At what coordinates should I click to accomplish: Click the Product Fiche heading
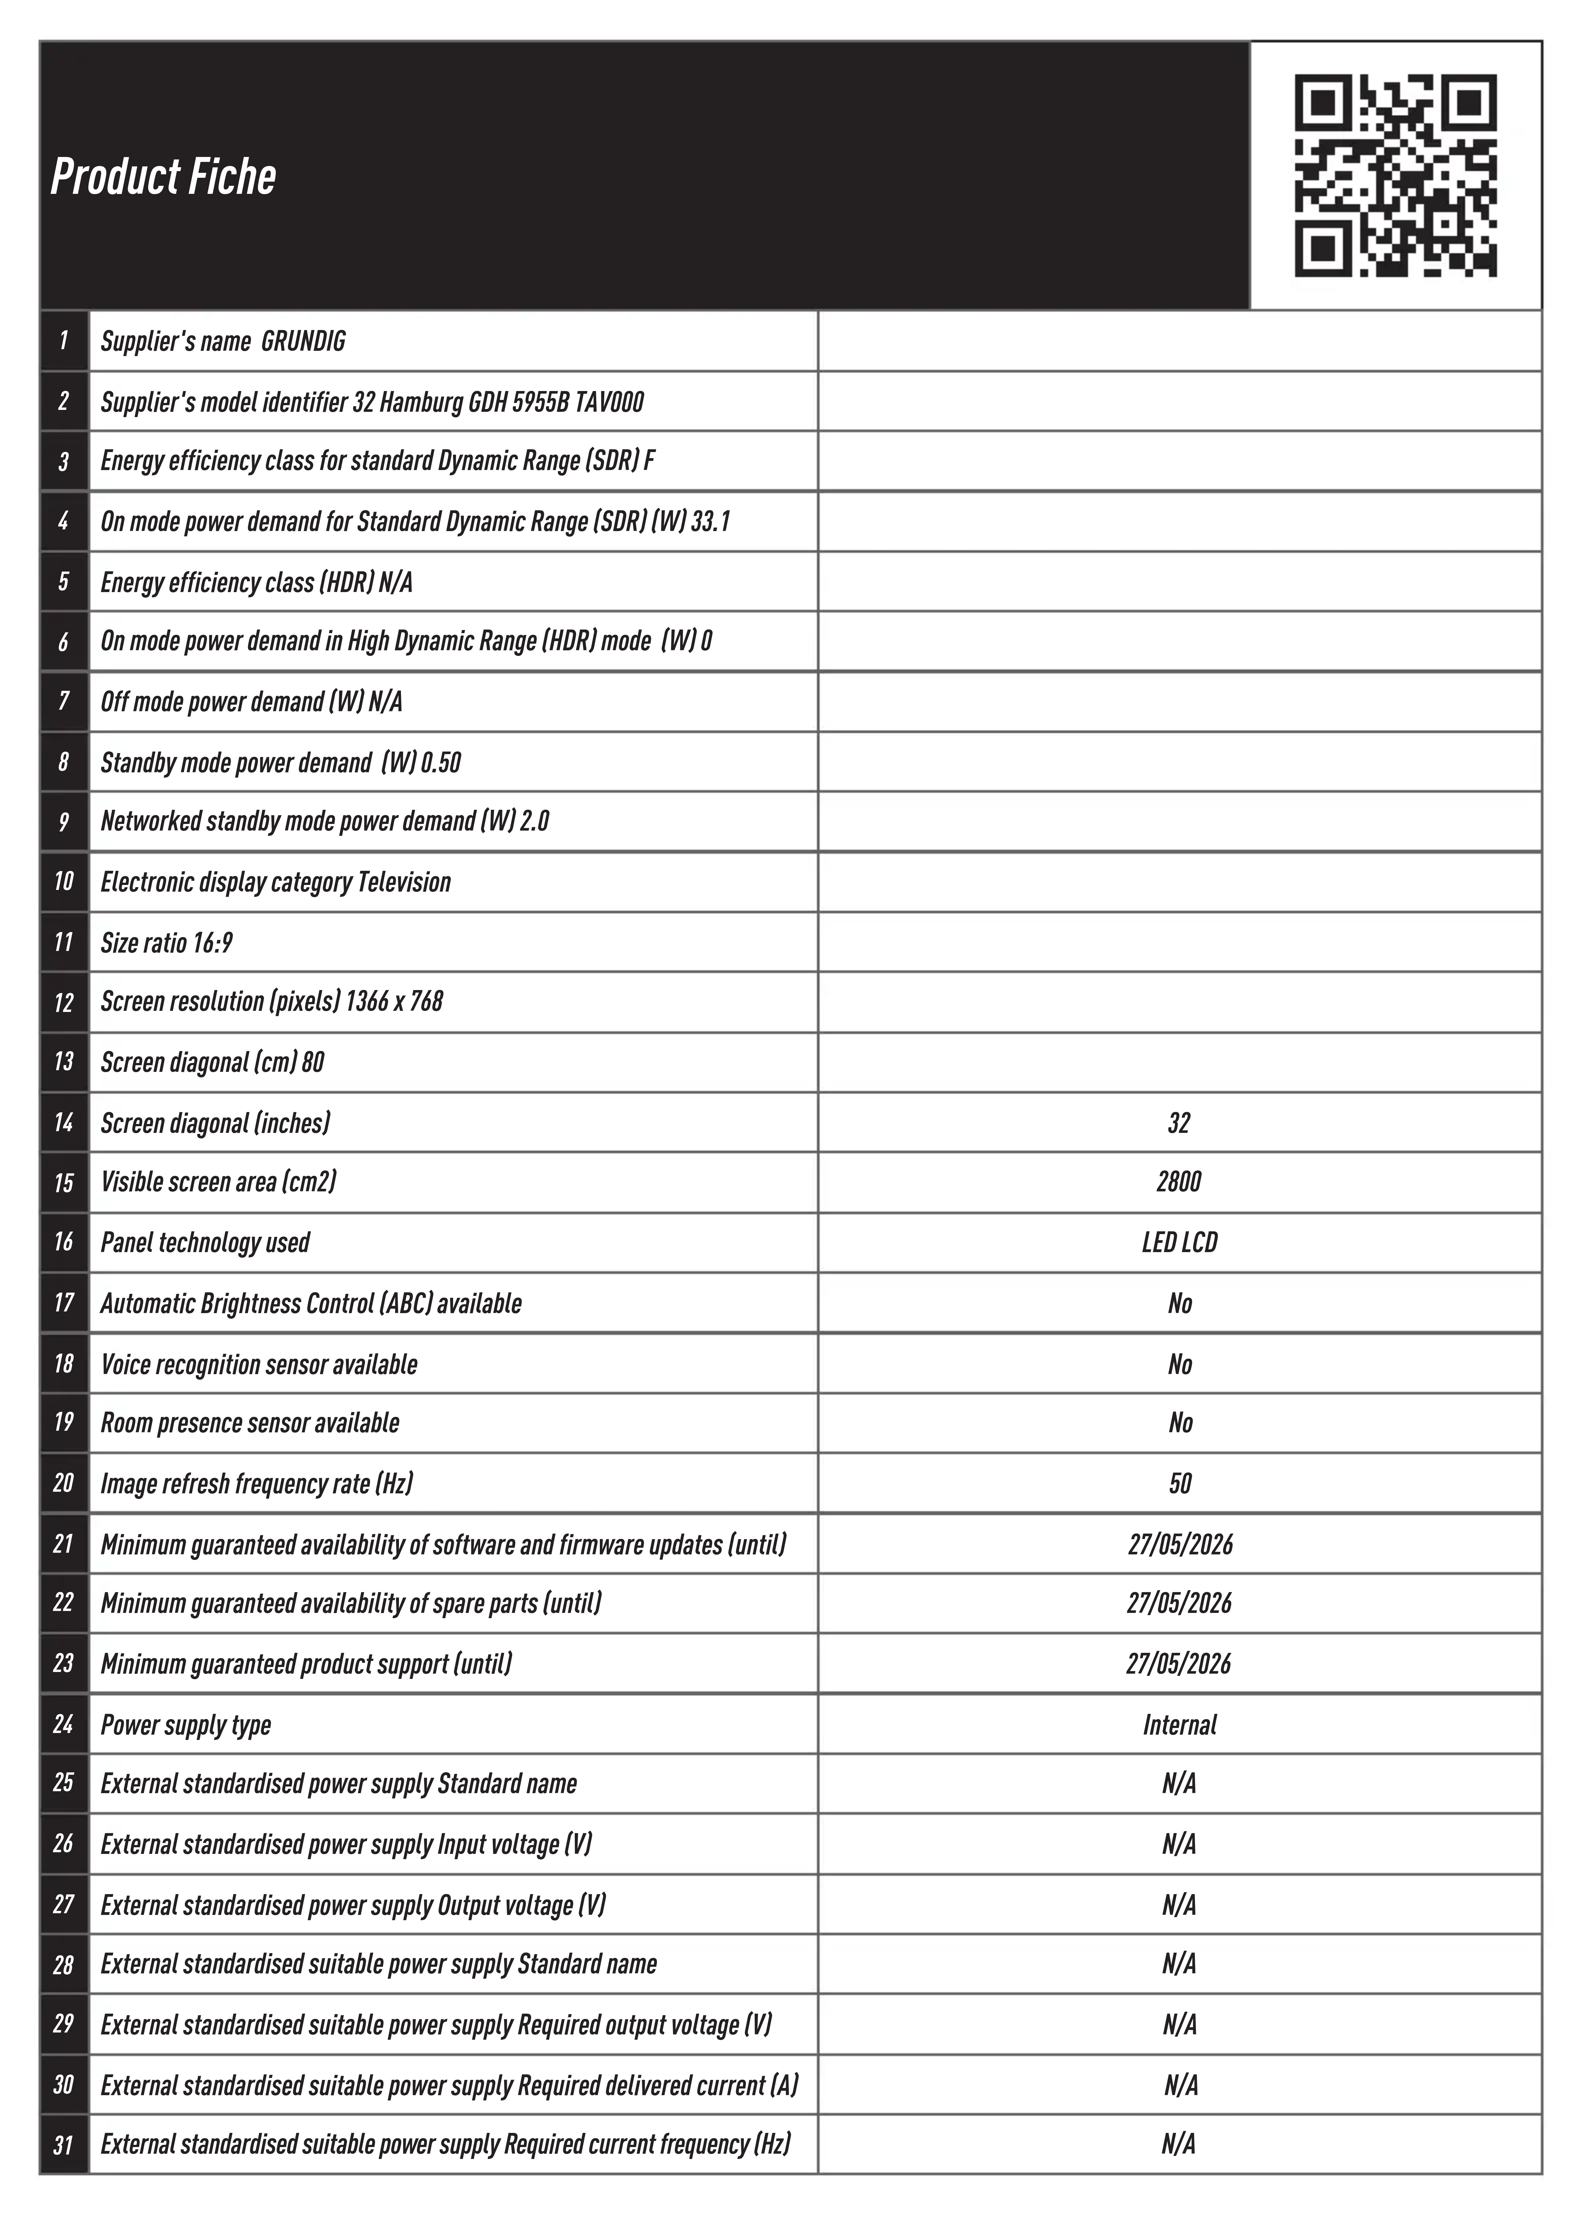pos(163,177)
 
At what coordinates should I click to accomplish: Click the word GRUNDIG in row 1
pos(304,341)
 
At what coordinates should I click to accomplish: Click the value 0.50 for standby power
pos(441,762)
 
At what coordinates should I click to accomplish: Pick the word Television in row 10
pos(405,882)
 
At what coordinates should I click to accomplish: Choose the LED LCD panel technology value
pos(1179,1243)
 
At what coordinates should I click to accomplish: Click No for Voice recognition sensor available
pos(1179,1364)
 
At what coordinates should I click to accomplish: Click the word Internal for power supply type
pos(1179,1725)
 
